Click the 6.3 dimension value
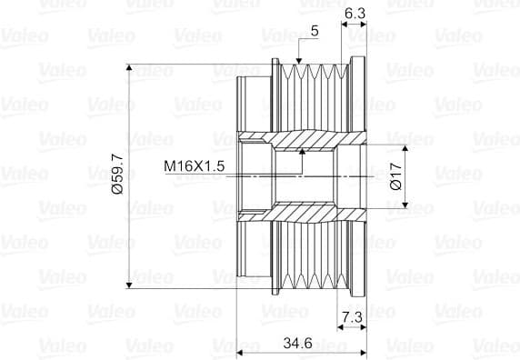(355, 14)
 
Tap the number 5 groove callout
(315, 31)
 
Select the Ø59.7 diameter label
(118, 174)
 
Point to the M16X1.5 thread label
(195, 165)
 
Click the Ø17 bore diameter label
(396, 176)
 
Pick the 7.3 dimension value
(352, 317)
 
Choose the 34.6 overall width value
(297, 343)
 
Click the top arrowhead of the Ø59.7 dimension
(129, 67)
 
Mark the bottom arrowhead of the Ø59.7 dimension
(129, 285)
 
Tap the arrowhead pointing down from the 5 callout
(299, 61)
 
